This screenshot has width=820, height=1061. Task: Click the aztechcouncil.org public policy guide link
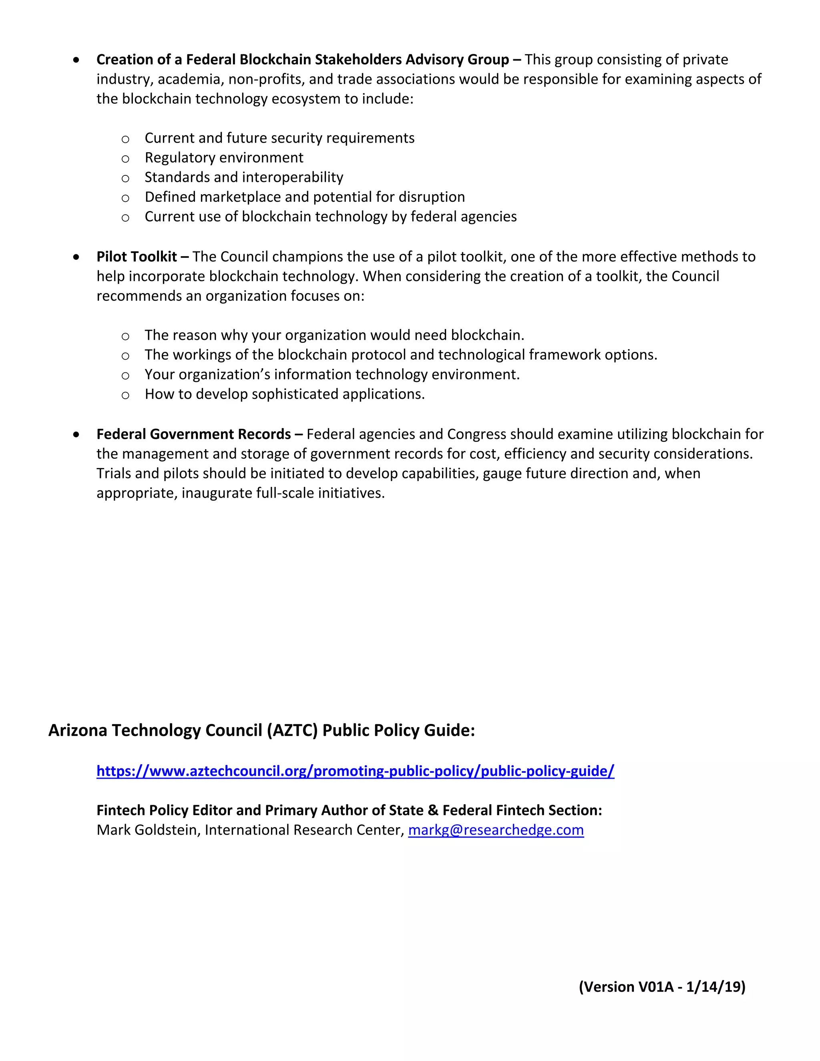355,771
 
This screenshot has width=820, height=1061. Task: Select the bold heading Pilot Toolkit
137,257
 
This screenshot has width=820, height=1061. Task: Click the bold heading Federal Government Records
193,434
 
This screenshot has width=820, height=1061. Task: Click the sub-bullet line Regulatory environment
223,157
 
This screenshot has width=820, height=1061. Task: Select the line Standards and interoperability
243,177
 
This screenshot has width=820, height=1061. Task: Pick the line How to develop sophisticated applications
284,394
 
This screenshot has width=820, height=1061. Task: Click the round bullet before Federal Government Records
76,435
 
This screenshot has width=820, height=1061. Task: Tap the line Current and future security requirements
279,138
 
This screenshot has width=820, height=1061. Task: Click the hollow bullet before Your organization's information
125,376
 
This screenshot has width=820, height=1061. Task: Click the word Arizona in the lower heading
78,730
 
